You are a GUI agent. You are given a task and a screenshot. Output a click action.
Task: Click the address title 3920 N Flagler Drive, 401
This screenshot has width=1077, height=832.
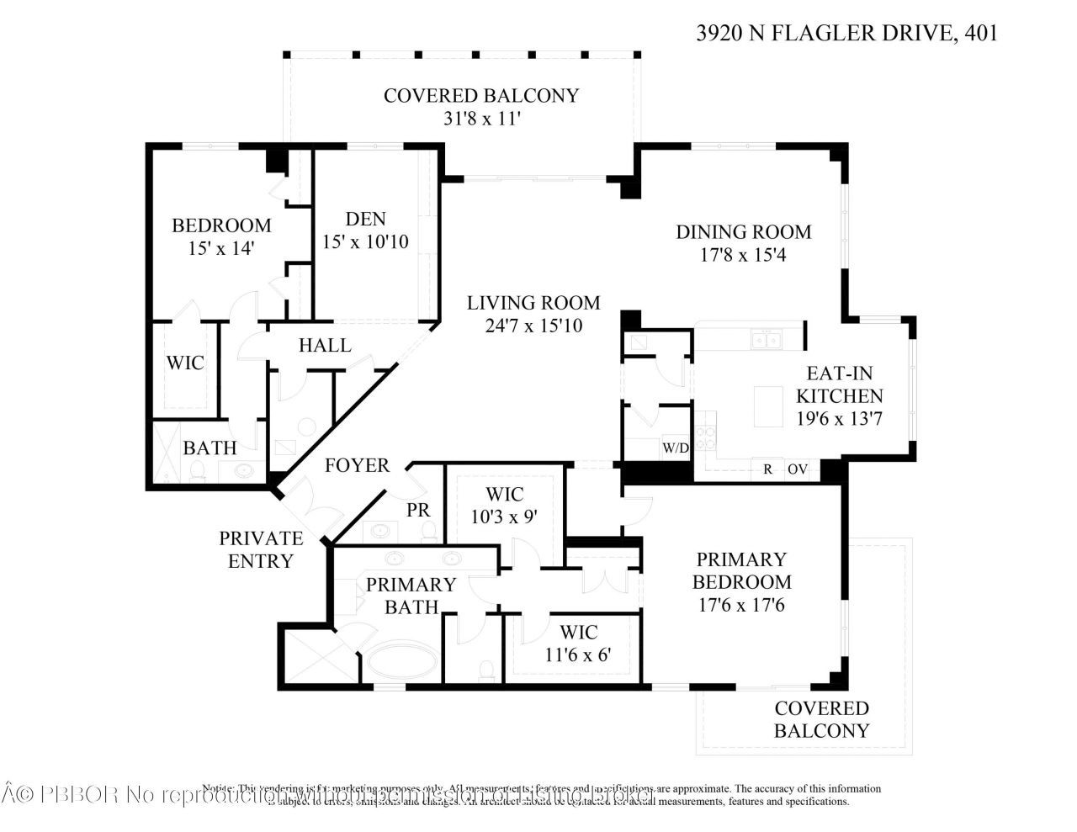pyautogui.click(x=847, y=34)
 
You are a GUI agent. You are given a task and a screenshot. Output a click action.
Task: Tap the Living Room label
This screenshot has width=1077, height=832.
pyautogui.click(x=533, y=303)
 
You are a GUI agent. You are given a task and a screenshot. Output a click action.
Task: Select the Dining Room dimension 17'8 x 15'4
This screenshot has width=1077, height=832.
pyautogui.click(x=743, y=254)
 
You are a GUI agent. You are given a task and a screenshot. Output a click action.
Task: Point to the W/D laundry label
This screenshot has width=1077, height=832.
pyautogui.click(x=675, y=448)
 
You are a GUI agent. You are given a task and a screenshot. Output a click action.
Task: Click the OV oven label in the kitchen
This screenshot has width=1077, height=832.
pyautogui.click(x=796, y=469)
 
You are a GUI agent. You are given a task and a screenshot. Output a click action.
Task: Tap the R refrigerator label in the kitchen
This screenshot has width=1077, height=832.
pyautogui.click(x=767, y=469)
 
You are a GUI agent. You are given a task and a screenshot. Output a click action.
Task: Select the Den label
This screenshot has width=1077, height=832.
pyautogui.click(x=366, y=219)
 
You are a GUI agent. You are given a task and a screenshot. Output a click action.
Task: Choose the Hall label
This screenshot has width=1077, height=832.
pyautogui.click(x=325, y=346)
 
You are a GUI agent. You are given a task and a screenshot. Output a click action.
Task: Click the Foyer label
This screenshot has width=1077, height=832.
pyautogui.click(x=357, y=465)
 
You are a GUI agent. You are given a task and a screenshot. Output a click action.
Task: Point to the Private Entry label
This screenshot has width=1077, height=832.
pyautogui.click(x=261, y=549)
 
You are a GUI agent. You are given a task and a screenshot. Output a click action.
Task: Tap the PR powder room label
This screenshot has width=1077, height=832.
pyautogui.click(x=418, y=510)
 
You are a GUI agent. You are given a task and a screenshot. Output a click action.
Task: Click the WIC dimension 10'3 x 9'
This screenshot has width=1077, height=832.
pyautogui.click(x=503, y=517)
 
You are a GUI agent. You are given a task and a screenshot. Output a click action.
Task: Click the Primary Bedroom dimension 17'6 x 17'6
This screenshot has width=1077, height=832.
pyautogui.click(x=741, y=605)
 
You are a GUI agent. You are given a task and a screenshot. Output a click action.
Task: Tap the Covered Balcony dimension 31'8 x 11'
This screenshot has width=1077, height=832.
pyautogui.click(x=481, y=119)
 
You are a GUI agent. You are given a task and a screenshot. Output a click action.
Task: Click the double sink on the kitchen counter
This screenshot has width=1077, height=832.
pyautogui.click(x=766, y=340)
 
